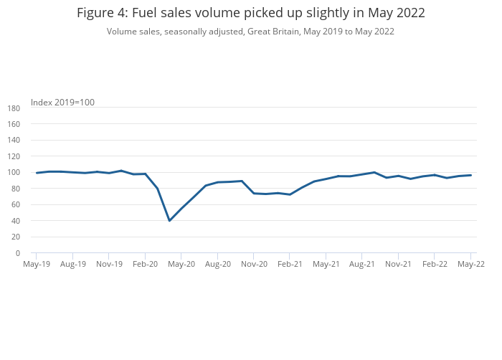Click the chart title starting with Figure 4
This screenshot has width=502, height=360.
coord(250,13)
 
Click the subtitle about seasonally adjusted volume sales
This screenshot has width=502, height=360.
coord(250,32)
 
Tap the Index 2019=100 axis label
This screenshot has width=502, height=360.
coord(62,103)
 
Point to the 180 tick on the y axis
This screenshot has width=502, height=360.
coord(13,108)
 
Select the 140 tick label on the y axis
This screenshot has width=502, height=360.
coord(13,141)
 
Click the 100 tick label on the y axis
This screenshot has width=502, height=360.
coord(13,173)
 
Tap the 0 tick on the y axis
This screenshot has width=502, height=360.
coord(17,253)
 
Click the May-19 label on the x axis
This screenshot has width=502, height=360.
coord(36,264)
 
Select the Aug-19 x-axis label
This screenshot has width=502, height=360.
coord(72,264)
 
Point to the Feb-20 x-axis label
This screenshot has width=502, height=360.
coord(145,264)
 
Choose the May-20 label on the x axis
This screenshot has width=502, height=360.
coord(181,264)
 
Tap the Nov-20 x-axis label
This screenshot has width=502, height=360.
coord(254,264)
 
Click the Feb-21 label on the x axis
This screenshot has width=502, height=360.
coord(290,264)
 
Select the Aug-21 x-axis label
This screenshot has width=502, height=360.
coord(362,264)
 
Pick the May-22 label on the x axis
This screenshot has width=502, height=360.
coord(471,264)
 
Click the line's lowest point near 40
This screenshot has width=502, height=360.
coord(169,220)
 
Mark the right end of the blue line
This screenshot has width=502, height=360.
coord(471,175)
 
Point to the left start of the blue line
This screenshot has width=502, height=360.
coord(36,173)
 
